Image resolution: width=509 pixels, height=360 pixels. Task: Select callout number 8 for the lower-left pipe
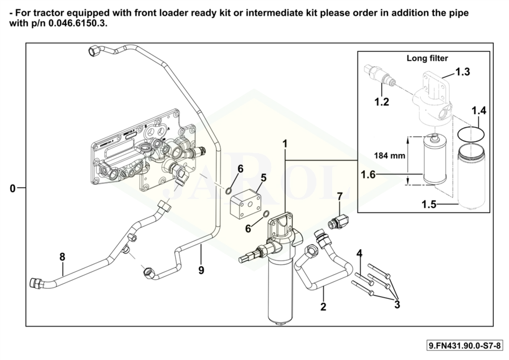[x=62, y=257]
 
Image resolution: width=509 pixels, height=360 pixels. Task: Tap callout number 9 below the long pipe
[x=201, y=270]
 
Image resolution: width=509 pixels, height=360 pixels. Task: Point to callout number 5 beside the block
[x=263, y=178]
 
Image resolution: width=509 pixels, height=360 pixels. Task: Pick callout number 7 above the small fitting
[x=340, y=197]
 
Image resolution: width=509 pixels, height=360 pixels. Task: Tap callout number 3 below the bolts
[x=397, y=305]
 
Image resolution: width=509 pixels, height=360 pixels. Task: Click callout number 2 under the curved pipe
[x=323, y=307]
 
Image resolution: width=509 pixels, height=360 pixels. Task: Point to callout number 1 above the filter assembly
[x=285, y=144]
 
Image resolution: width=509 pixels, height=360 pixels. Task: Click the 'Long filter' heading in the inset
[x=427, y=58]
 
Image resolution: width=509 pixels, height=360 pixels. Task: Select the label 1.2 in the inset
[x=382, y=102]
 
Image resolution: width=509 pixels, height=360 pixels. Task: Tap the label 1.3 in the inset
[x=463, y=72]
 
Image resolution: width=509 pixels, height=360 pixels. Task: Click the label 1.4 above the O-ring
[x=479, y=110]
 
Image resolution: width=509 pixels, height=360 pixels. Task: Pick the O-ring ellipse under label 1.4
[x=470, y=134]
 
